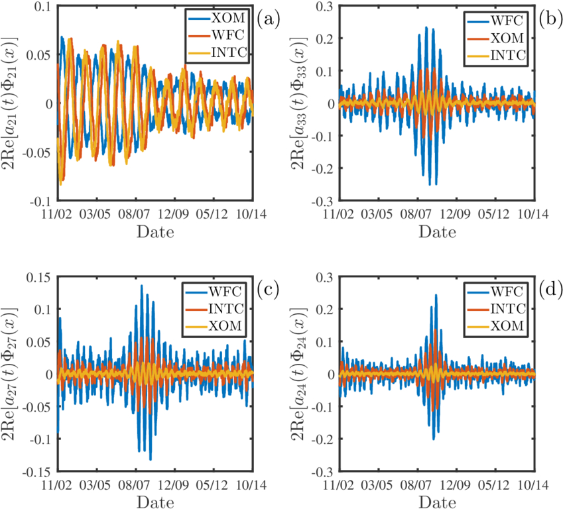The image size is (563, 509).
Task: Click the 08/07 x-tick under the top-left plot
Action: (x=135, y=215)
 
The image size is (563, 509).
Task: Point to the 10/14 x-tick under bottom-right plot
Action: (x=532, y=486)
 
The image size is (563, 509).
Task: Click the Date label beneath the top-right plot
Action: (x=436, y=232)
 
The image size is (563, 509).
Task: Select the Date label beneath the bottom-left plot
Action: (x=155, y=502)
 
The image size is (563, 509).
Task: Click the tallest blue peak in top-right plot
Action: (x=426, y=27)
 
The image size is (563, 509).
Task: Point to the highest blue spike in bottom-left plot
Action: (x=142, y=286)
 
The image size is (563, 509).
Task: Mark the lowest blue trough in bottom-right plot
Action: (x=433, y=439)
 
